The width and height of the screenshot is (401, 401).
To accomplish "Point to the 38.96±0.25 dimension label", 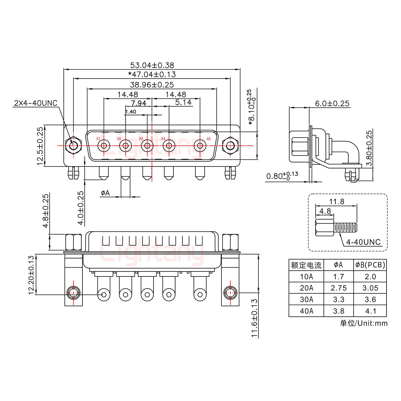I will click(x=152, y=85).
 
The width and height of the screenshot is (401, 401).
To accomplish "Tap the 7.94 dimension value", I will click(x=138, y=103).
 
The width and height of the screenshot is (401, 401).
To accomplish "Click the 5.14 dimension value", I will click(x=183, y=102).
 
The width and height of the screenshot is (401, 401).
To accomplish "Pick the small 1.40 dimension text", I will click(x=131, y=112).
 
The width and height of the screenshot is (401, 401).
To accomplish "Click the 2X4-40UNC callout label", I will click(x=35, y=103).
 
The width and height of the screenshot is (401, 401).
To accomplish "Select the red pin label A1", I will click(x=98, y=139).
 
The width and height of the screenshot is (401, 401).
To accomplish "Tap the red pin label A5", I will click(x=209, y=139).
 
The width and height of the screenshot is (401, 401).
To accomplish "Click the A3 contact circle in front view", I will click(x=147, y=146).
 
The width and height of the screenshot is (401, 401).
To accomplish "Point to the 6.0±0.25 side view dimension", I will click(x=332, y=104).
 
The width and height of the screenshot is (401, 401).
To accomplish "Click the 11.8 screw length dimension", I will click(x=336, y=201).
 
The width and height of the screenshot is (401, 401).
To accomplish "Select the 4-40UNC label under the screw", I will click(x=363, y=242).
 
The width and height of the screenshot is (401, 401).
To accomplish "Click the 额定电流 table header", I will click(x=306, y=265).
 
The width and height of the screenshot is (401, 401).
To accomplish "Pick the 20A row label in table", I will click(x=306, y=288).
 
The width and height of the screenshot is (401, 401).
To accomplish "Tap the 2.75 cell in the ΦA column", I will click(x=338, y=288).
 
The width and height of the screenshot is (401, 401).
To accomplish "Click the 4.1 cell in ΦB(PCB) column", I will click(x=370, y=311).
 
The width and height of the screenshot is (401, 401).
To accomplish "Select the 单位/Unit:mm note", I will click(x=363, y=323).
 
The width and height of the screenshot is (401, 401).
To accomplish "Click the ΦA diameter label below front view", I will click(x=105, y=193).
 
